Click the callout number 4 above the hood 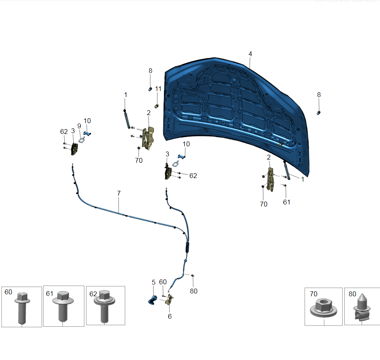(x=250, y=54)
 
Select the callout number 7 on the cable (x=119, y=193)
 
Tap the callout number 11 (x=158, y=89)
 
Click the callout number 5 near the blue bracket (x=154, y=282)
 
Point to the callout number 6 (x=170, y=316)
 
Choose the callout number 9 (x=79, y=126)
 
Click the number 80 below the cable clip (x=194, y=291)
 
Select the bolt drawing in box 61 (x=63, y=306)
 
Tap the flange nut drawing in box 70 (x=323, y=308)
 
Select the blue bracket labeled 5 (x=152, y=300)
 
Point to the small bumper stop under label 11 (x=157, y=106)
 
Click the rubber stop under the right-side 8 (x=318, y=113)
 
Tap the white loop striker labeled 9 (x=81, y=140)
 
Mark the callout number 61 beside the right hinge (x=287, y=202)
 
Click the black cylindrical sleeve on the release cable (x=187, y=247)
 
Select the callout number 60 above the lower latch (x=163, y=282)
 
